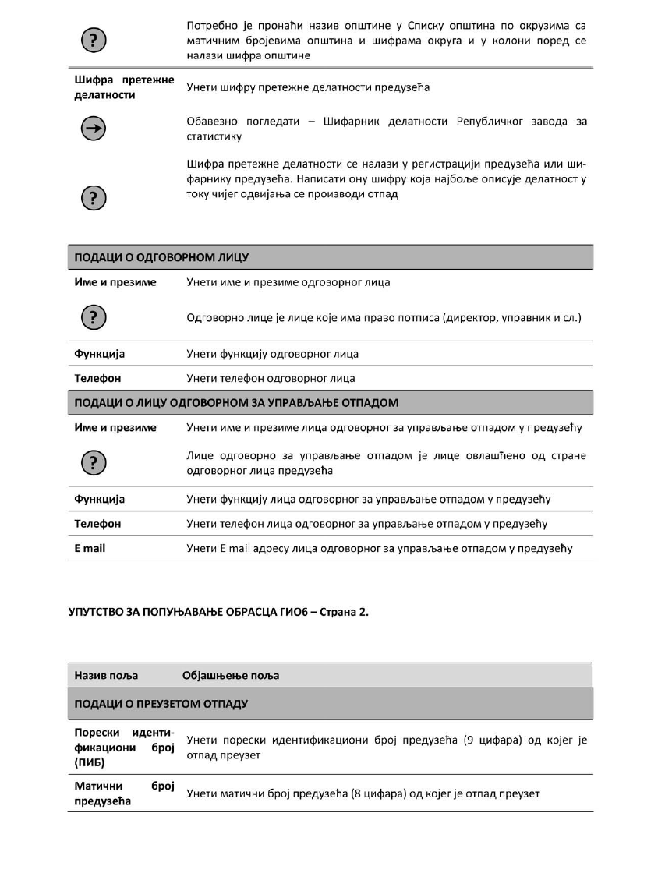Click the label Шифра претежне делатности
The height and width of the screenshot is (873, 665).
(124, 87)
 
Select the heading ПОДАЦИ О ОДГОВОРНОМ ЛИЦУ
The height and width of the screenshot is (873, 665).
(161, 257)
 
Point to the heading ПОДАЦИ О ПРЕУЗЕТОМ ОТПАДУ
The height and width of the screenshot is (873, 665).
(161, 704)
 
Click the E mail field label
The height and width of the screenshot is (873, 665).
(90, 548)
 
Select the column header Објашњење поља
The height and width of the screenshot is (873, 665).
(231, 675)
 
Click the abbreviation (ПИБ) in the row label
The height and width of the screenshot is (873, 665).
(90, 762)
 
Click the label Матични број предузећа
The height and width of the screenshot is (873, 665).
(124, 793)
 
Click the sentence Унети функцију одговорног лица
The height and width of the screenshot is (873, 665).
(273, 354)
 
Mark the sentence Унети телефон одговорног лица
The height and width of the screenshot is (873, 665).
(271, 378)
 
